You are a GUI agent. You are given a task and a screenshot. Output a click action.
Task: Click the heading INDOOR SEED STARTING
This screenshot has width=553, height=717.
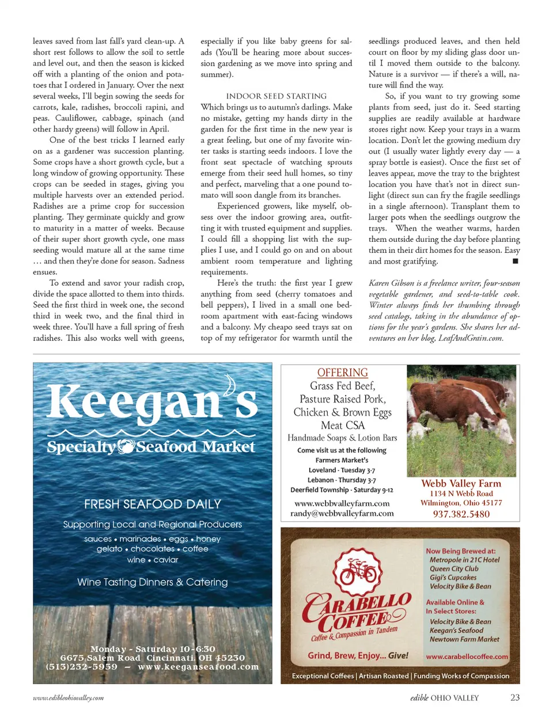276,96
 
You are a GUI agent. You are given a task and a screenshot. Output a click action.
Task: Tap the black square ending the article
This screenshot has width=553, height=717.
515,261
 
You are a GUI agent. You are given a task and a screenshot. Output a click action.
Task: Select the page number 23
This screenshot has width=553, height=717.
514,697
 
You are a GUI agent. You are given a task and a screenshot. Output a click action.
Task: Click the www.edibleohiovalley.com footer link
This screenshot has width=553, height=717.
68,698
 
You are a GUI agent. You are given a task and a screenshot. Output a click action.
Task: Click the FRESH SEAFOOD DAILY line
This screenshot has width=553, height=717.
152,504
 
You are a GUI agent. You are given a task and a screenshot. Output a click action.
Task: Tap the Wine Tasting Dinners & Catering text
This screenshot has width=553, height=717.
152,582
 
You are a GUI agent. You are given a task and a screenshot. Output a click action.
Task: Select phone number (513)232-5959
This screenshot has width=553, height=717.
81,667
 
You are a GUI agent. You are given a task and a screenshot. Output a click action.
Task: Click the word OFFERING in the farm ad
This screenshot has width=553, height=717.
342,373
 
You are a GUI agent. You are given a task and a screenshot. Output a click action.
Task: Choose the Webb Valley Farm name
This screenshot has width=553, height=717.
461,483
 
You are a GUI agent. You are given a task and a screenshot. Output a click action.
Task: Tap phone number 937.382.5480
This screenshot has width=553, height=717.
461,514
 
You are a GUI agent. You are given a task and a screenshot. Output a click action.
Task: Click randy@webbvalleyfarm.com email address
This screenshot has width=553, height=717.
342,513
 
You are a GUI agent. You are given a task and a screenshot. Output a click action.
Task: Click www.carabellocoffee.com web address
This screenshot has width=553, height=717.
467,657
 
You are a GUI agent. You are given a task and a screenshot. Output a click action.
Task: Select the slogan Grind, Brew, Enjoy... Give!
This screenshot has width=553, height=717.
358,655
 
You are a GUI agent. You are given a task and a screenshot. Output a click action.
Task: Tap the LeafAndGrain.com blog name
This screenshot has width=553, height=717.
471,338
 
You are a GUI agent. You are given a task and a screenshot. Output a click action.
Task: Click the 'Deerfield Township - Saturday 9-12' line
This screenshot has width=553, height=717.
342,490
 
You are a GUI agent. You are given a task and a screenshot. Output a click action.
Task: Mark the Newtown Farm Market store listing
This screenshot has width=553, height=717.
464,639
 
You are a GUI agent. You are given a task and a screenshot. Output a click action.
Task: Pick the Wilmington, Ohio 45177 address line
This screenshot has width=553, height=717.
461,503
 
